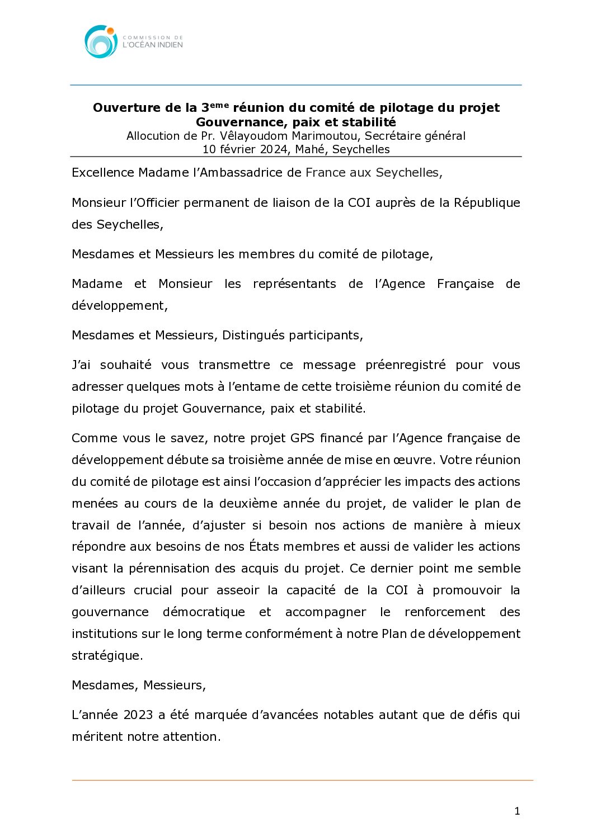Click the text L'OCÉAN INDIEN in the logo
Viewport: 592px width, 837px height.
(x=153, y=45)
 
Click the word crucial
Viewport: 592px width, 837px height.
(x=153, y=590)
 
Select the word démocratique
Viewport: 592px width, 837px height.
(x=204, y=612)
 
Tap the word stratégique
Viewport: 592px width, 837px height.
(x=107, y=656)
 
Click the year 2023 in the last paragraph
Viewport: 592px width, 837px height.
(x=138, y=715)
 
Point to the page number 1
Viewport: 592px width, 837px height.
(x=517, y=811)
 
